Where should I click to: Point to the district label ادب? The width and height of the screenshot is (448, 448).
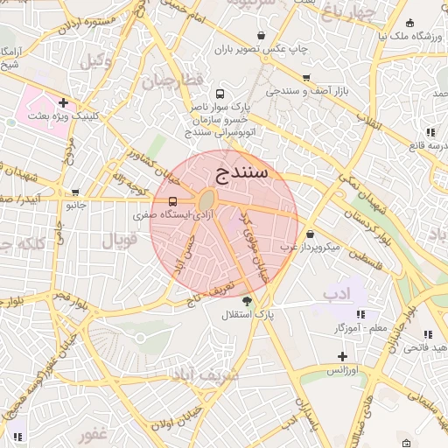coord(337,290)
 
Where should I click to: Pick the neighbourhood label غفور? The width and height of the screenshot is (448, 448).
coord(91,434)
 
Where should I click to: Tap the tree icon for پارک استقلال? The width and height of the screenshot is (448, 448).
coord(258,301)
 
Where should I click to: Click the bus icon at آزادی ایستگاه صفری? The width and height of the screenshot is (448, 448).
coord(171,201)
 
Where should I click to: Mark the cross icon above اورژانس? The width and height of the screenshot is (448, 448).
coord(342,357)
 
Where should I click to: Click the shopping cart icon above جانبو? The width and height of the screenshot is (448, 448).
coord(75,192)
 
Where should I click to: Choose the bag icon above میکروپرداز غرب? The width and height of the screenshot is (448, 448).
coord(312,234)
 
